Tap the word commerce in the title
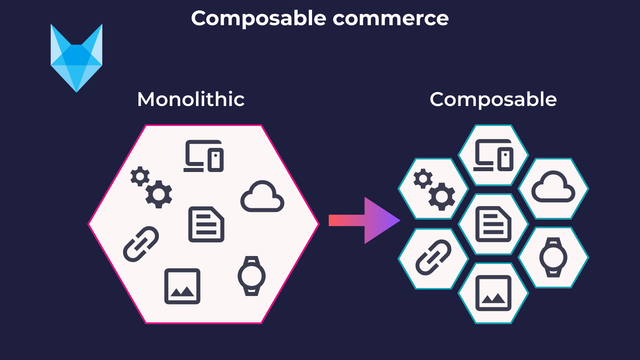[390, 18]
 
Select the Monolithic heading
[191, 99]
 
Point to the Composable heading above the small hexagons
[493, 100]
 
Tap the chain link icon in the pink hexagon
[141, 244]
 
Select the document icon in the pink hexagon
[206, 224]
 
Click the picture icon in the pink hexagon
[182, 286]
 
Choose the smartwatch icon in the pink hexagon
[252, 276]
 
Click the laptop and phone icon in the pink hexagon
[204, 156]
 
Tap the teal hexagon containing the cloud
[553, 188]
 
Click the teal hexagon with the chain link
[433, 258]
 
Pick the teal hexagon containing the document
[493, 224]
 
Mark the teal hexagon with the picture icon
[493, 293]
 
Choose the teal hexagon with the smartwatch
[553, 258]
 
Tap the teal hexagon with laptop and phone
[493, 155]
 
